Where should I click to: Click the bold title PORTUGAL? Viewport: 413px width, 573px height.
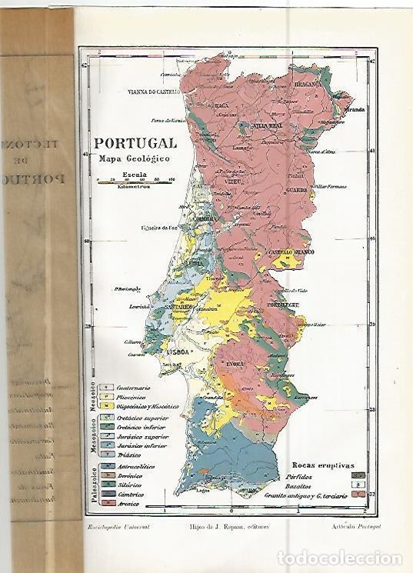134,143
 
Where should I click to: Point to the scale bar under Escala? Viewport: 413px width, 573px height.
135,182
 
